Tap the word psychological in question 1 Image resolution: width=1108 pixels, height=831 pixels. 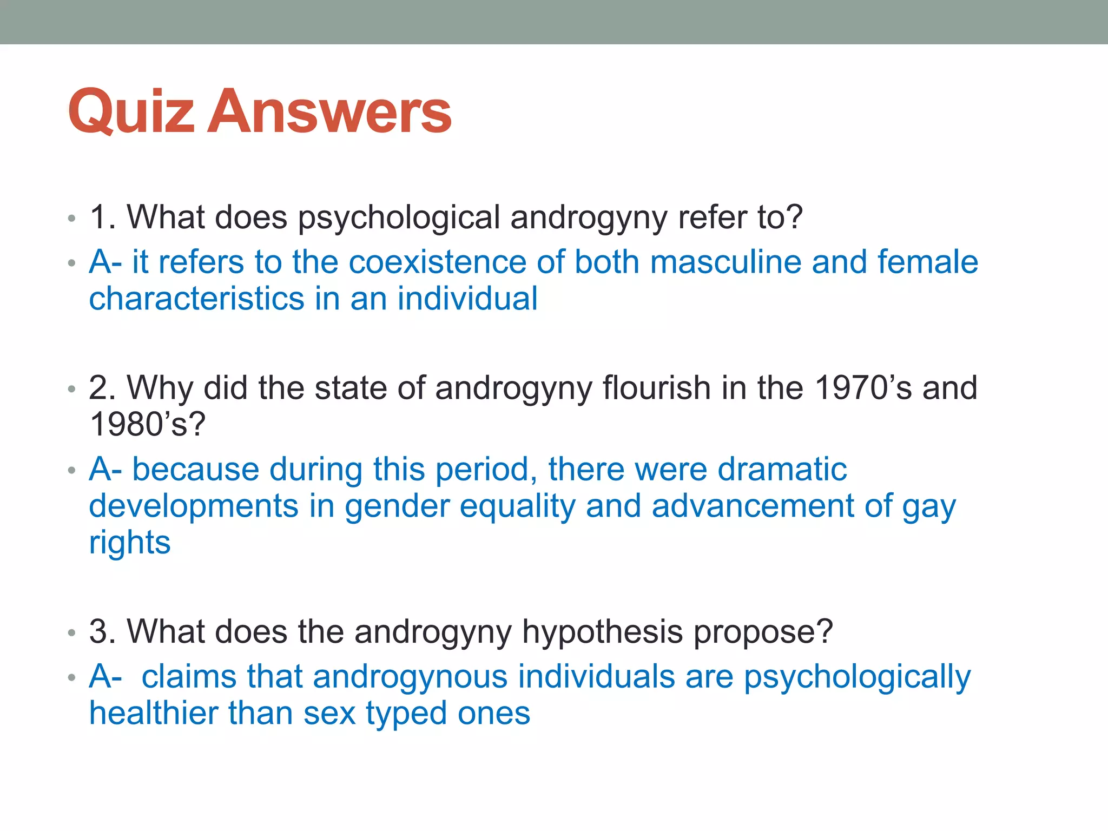pos(399,218)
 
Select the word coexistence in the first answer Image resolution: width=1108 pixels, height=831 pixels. pos(437,262)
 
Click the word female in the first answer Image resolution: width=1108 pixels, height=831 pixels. pos(927,262)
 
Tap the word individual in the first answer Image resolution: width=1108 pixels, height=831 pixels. pos(467,299)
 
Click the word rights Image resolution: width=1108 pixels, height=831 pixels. pos(130,543)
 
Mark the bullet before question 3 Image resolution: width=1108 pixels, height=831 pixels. pos(72,633)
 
